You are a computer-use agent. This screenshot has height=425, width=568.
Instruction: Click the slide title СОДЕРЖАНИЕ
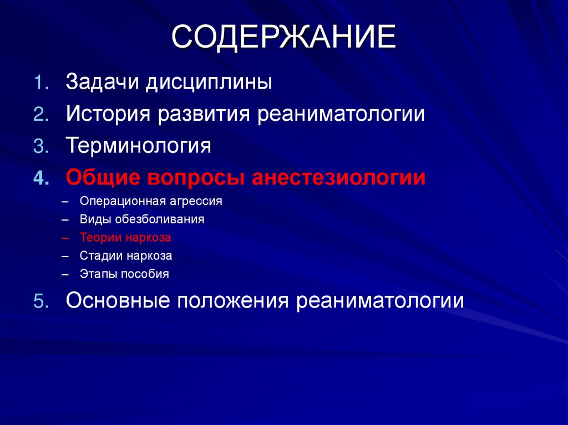(x=283, y=37)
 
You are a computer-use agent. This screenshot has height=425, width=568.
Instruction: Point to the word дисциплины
(x=209, y=83)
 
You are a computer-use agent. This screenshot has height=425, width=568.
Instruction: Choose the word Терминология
(x=139, y=147)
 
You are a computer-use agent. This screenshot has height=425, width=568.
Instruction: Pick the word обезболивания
(x=160, y=219)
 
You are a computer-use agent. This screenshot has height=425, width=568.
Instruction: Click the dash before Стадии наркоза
(x=66, y=256)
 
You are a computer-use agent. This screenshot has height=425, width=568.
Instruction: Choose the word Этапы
(x=97, y=274)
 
